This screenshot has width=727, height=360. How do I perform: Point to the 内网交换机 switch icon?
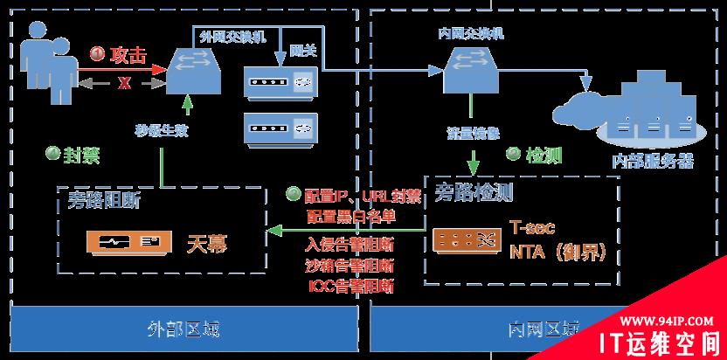469,71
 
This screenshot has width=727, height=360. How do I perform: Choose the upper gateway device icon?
280,85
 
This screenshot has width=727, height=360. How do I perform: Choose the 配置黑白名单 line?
350,214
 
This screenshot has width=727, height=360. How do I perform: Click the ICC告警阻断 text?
350,285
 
